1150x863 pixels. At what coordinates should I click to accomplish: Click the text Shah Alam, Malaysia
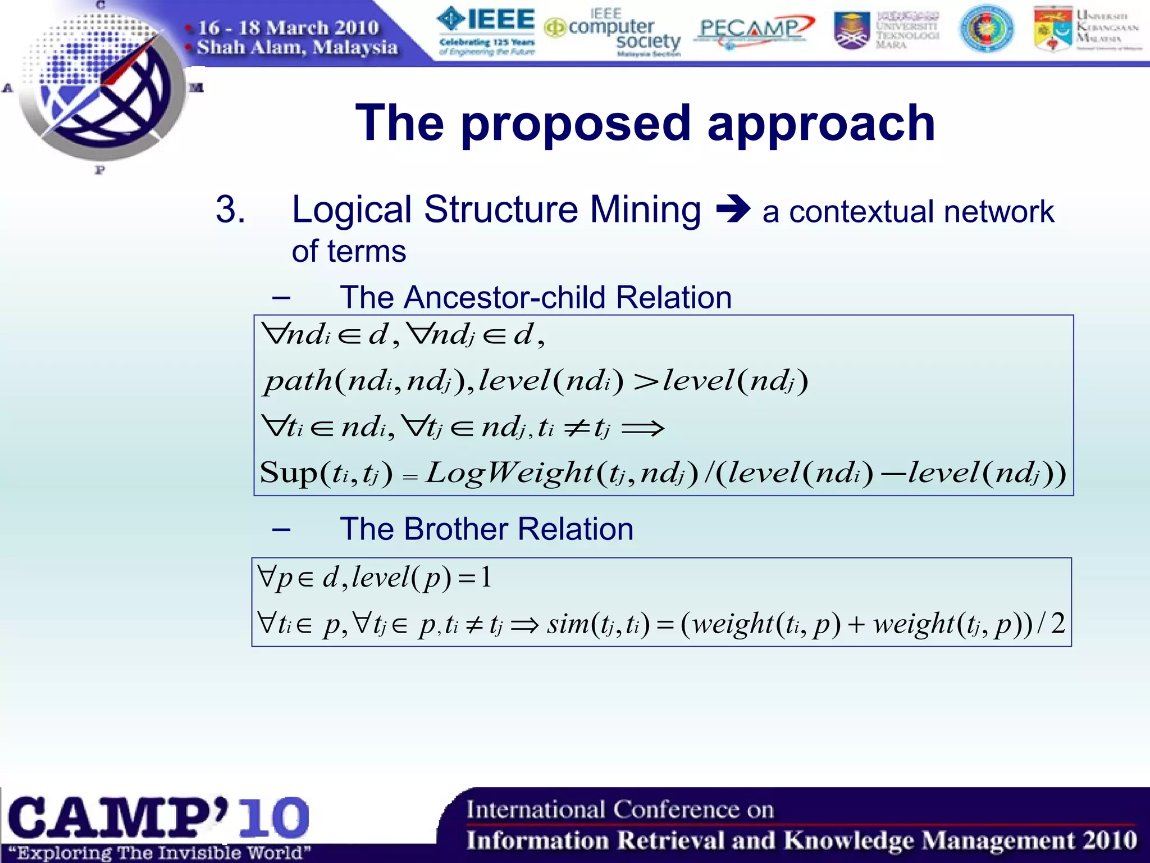[x=298, y=47]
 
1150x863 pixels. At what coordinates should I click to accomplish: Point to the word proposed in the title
[x=576, y=124]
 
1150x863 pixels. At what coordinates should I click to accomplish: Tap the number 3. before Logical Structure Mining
[x=230, y=210]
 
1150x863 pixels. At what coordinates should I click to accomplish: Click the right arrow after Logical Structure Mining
[x=733, y=209]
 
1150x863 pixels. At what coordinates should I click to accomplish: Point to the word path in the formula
[x=298, y=382]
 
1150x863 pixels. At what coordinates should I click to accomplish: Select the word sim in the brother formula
[x=567, y=624]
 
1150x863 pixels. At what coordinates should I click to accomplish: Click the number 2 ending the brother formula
[x=1058, y=624]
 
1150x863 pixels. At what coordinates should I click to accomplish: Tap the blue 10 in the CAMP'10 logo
[x=274, y=817]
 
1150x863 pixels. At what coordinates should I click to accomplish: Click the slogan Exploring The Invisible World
[x=159, y=853]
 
